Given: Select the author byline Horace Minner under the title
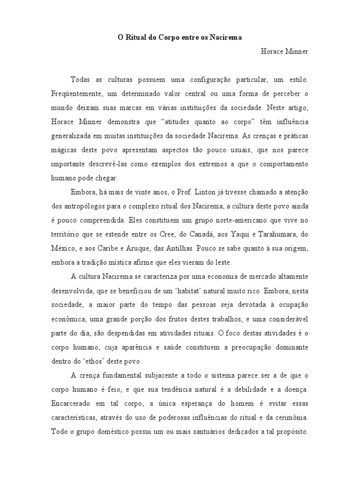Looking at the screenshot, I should pos(285,51).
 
